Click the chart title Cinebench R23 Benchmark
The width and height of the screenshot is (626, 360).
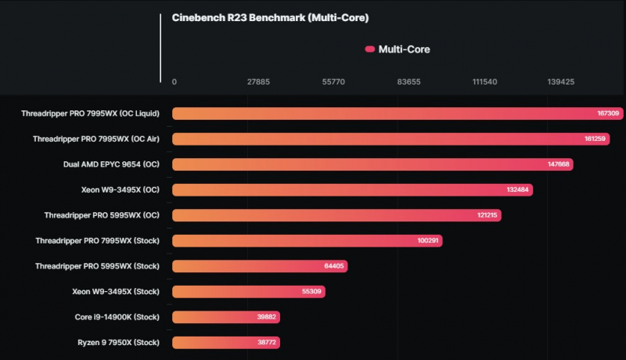[270, 18]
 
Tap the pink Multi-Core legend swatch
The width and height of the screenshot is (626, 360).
[370, 49]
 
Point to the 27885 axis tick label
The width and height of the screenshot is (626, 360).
[258, 81]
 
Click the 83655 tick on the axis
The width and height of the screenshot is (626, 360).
[409, 81]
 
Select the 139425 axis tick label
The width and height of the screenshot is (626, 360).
[560, 81]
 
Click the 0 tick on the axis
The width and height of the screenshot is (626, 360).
[174, 81]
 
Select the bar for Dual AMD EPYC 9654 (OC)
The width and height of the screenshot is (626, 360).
[372, 164]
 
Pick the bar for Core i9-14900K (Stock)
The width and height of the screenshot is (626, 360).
[226, 317]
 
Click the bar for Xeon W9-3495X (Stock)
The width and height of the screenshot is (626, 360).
[248, 292]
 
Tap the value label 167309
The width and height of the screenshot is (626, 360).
[608, 113]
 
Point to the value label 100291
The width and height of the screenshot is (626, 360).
[428, 241]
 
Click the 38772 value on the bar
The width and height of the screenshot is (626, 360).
[265, 343]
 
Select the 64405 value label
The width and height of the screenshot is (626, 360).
[333, 266]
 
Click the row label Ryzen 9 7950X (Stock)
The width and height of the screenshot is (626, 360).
[118, 342]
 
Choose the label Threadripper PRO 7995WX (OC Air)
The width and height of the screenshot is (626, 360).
[96, 139]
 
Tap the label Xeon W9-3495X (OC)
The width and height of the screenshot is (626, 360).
[121, 189]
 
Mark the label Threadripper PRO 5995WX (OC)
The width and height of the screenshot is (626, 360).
[102, 215]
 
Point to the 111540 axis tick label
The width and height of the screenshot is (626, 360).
[484, 81]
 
